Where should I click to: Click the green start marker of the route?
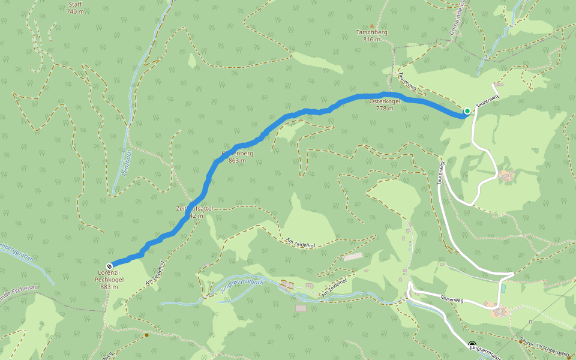point(467,111)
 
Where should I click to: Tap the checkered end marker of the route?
point(109,266)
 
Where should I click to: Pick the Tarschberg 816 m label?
point(372,35)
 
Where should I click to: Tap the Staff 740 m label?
point(75,8)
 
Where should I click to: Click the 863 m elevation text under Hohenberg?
point(237,161)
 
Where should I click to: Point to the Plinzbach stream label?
point(126,163)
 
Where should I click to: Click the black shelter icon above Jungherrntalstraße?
point(472,344)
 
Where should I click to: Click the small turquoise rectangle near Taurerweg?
point(503,289)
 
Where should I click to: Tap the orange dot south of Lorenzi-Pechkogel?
point(146,335)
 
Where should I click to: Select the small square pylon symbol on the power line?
point(530,322)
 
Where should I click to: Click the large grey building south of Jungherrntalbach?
point(301,308)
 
